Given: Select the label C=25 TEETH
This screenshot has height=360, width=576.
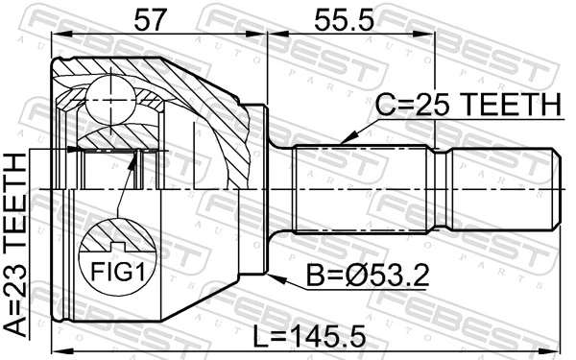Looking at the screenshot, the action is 468,105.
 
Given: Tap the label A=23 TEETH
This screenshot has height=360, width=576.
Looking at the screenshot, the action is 15,244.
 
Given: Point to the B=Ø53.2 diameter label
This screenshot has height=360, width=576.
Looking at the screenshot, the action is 368,276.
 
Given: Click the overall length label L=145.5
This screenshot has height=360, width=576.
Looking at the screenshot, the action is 310,336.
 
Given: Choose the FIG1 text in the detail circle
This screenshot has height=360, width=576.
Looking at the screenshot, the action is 117,273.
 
